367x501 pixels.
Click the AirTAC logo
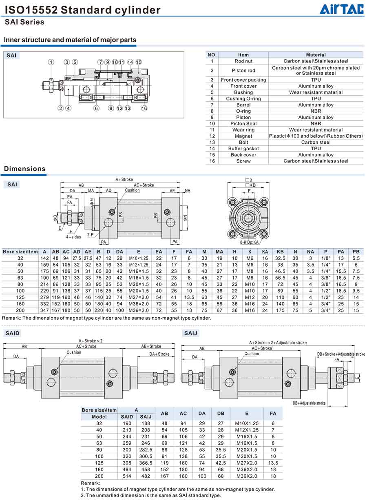[341, 9]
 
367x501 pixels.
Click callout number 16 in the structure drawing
[144, 108]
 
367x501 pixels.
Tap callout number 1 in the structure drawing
[51, 62]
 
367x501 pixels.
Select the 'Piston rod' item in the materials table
[243, 70]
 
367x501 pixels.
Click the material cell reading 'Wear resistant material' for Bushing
[316, 92]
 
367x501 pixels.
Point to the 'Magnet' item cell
[243, 136]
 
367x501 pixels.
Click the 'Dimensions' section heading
[25, 169]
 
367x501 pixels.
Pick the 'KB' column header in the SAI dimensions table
[280, 252]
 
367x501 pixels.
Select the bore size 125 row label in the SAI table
[20, 298]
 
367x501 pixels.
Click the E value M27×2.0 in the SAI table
[138, 298]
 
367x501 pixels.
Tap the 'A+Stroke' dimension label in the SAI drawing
[124, 180]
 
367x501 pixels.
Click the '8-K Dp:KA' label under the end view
[249, 242]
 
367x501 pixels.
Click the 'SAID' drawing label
[12, 333]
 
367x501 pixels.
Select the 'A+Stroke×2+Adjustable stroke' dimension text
[278, 343]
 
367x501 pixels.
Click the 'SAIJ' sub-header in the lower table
[146, 416]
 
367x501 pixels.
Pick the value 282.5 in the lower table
[146, 449]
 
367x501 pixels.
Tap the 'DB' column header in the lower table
[221, 413]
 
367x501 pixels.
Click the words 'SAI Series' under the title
[24, 22]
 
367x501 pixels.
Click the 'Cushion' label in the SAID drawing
[74, 352]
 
